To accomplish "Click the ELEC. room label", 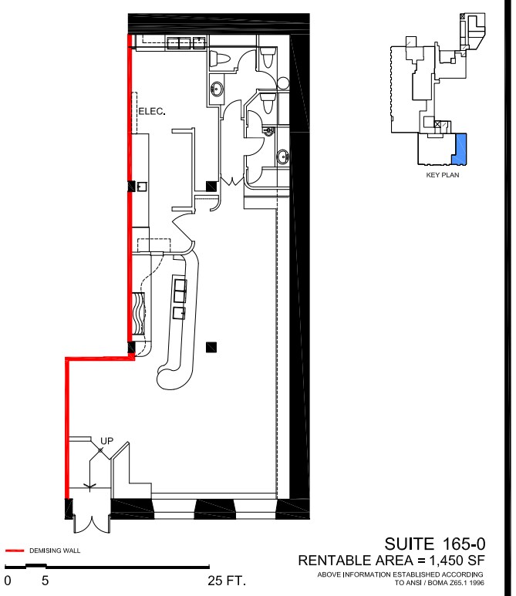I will click(152, 112).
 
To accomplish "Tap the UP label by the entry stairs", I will click(106, 442).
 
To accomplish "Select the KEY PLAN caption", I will click(442, 175).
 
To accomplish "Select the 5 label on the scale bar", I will click(45, 581).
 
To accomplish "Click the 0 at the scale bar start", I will click(8, 581).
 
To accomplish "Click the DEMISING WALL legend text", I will click(55, 551).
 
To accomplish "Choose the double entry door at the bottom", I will click(91, 515).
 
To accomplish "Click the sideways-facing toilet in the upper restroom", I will click(221, 59).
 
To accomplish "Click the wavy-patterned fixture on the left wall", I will click(140, 311).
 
